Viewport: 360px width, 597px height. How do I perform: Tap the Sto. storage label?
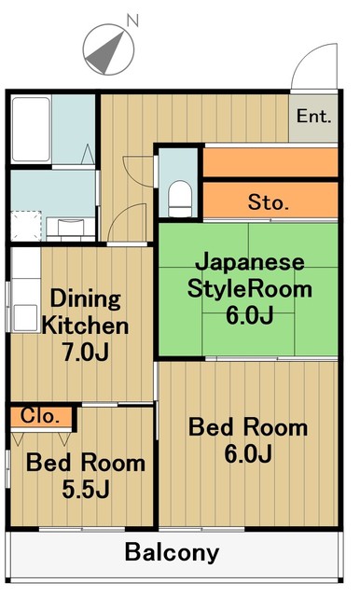click(x=269, y=201)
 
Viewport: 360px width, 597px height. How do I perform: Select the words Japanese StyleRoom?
click(x=249, y=274)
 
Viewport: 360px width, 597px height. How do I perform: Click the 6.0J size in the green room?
click(x=249, y=314)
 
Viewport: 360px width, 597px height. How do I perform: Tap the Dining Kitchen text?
click(x=85, y=312)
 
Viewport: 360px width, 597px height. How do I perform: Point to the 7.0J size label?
click(x=85, y=353)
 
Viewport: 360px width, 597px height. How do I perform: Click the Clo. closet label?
click(x=40, y=416)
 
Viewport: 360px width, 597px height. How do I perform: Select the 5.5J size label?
click(x=85, y=489)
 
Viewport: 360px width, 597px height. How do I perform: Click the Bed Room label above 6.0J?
click(x=247, y=428)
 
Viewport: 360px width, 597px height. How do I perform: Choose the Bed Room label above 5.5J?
click(x=85, y=462)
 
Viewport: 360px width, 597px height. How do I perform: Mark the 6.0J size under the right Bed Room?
click(x=247, y=455)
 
